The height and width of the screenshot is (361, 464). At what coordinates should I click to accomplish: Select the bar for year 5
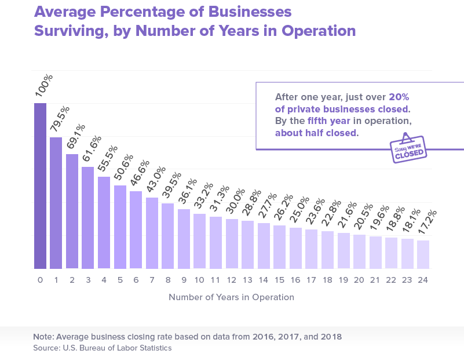[120, 227]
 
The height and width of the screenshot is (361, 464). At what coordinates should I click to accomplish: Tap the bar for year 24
[423, 254]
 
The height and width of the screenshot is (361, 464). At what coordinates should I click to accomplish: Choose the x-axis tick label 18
[327, 280]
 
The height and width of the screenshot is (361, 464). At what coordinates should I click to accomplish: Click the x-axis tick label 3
[88, 280]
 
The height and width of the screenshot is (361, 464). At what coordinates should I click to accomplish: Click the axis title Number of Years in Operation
[231, 297]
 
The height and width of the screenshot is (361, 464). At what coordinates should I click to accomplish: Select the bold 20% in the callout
[399, 97]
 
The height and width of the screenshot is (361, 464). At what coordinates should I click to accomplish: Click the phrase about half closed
[317, 133]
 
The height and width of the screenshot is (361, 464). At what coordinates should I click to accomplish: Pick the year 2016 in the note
[261, 337]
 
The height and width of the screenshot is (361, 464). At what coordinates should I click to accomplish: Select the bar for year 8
[167, 236]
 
